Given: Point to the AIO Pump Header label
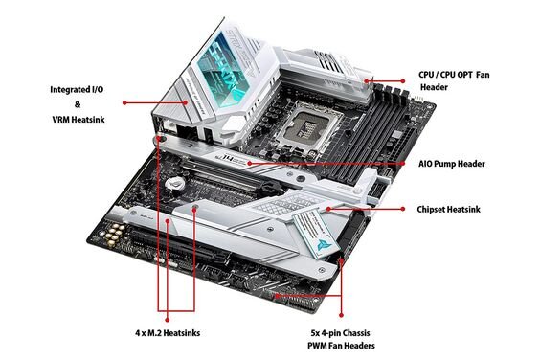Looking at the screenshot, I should tap(451, 164).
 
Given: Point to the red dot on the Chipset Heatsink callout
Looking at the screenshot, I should tap(328, 209).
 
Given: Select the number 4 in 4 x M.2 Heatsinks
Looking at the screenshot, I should tap(138, 333).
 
